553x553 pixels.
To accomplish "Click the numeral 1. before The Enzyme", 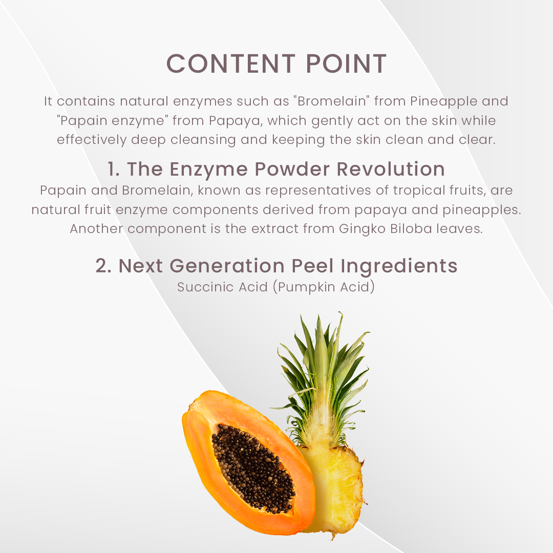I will [x=114, y=169].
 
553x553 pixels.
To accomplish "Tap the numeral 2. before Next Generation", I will [x=103, y=266].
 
